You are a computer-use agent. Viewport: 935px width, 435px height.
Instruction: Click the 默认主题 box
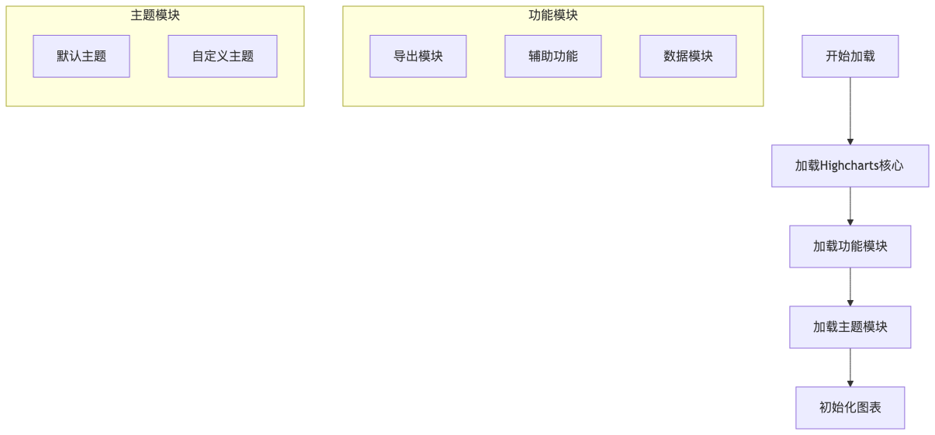coord(81,56)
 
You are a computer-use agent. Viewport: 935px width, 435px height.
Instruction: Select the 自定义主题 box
coord(223,56)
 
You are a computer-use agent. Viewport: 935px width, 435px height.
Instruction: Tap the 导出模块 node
coord(418,56)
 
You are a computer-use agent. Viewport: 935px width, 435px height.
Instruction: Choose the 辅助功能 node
coord(553,56)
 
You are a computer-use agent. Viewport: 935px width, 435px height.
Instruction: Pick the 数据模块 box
coord(688,56)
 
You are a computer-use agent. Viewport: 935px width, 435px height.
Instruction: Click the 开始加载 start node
coord(850,56)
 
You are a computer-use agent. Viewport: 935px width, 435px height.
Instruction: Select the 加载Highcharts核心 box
coord(850,166)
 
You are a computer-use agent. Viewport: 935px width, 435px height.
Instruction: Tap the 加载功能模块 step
coord(850,247)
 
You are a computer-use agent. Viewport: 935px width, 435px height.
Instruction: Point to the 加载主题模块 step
coord(850,327)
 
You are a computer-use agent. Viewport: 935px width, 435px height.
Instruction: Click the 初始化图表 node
coord(850,408)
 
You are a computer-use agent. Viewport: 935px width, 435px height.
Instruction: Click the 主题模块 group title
coord(155,15)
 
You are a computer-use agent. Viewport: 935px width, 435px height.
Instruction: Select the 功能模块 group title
coord(553,15)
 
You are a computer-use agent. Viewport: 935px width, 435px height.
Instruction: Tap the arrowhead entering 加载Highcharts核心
coord(850,141)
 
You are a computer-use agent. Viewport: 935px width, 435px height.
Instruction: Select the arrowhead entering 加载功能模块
coord(850,222)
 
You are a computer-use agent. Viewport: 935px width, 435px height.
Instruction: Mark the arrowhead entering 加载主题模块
coord(850,302)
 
